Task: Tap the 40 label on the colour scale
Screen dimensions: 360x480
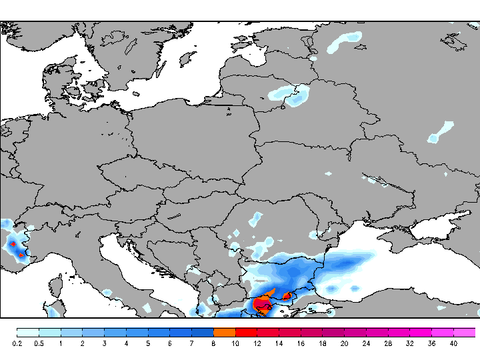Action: (x=453, y=344)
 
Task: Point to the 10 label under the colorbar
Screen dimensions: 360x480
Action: (x=235, y=344)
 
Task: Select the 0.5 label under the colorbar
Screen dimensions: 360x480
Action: (x=39, y=344)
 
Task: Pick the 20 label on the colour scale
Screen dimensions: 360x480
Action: (x=344, y=344)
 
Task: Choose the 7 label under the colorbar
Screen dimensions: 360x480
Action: (x=191, y=344)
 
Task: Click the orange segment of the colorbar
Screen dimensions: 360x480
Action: (x=225, y=332)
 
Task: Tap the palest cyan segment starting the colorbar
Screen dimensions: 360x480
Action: (x=27, y=332)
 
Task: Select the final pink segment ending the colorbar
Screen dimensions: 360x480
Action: (x=465, y=332)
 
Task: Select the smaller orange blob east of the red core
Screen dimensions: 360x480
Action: (x=288, y=295)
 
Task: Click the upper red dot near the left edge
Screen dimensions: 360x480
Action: (x=13, y=245)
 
